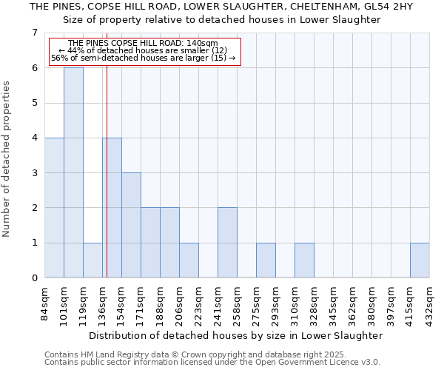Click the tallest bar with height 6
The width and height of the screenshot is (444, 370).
[x=73, y=172]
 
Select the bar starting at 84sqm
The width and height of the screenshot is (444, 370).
[x=54, y=208]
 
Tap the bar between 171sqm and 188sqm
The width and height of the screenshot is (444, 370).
[x=150, y=243]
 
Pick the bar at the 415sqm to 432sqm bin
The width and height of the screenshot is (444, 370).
[x=420, y=260]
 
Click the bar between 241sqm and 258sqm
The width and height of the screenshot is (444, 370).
[x=227, y=243]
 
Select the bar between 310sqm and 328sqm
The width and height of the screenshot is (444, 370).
[x=304, y=260]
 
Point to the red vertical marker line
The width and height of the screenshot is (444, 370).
[x=107, y=185]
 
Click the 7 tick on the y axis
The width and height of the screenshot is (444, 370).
[x=34, y=33]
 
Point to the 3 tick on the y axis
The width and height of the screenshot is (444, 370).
[x=34, y=173]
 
